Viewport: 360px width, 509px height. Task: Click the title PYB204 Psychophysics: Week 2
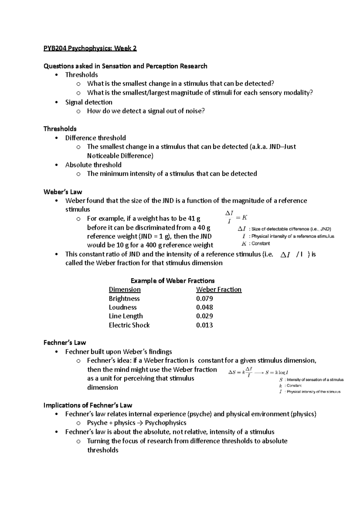pos(90,48)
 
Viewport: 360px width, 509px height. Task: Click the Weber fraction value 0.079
pos(204,299)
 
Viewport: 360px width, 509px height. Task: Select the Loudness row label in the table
pos(122,307)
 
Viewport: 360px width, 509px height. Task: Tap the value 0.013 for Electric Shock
pos(204,325)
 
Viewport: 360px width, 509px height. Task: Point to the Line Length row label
pos(125,316)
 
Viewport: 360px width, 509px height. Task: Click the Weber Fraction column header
pos(218,290)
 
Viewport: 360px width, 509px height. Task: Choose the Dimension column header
pos(124,290)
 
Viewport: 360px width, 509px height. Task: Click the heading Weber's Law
pos(63,192)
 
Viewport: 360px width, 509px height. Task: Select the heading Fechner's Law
pos(64,343)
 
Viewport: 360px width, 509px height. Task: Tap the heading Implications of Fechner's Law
pos(88,405)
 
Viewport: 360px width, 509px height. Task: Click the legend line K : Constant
pos(256,244)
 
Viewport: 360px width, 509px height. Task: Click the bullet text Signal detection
pos(89,102)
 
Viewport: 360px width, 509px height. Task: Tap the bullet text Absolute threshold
pos(93,165)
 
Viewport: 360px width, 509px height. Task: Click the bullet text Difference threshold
pos(95,138)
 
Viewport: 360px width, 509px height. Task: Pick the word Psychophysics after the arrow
pos(166,423)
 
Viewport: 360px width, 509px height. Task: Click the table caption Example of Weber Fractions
pos(172,281)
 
